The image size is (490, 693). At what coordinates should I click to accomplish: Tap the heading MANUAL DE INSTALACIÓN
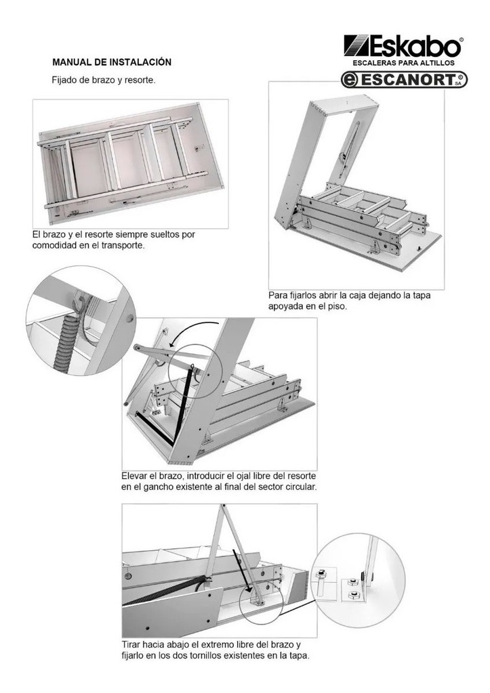pyautogui.click(x=112, y=62)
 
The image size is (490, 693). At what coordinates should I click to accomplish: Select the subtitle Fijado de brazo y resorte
pyautogui.click(x=104, y=80)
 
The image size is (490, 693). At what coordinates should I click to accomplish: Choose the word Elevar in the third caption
pyautogui.click(x=136, y=476)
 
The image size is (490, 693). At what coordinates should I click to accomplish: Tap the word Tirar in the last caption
pyautogui.click(x=134, y=645)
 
